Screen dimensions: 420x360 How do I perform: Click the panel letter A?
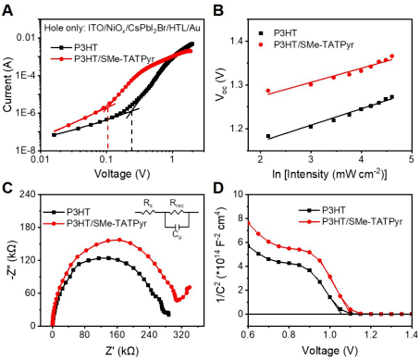7,10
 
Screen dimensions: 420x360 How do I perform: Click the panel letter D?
218,189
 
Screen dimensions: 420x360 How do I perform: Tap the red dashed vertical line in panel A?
107,129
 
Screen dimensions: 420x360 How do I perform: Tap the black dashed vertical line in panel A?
131,130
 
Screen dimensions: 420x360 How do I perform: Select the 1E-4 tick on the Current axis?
27,76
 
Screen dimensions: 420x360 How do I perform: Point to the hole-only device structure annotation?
122,29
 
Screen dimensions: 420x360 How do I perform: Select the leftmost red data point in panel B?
268,91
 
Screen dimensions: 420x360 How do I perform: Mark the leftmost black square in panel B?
268,136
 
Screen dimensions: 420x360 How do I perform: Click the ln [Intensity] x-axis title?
329,174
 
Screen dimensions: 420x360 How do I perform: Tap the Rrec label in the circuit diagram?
177,204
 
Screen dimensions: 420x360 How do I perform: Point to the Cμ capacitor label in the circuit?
177,235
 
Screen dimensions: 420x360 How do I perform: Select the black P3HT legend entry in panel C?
67,212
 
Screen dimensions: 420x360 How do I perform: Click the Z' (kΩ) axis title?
122,351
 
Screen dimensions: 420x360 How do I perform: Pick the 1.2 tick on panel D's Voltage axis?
371,335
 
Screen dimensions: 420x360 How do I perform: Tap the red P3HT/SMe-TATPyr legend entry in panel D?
351,221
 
